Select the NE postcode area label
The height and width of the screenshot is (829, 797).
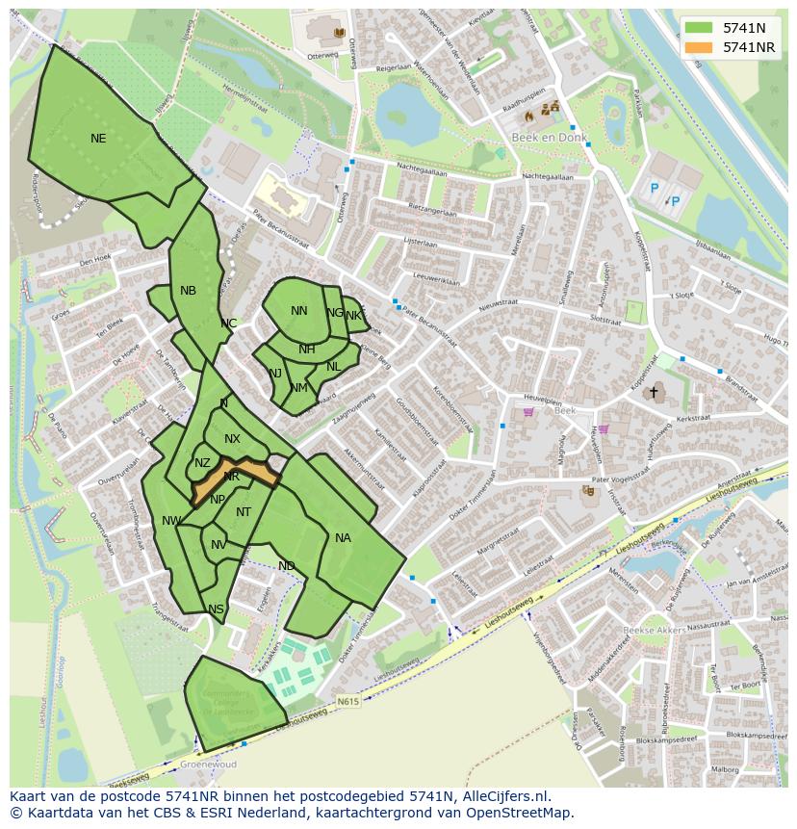click(98, 139)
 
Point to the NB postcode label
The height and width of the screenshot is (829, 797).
click(188, 291)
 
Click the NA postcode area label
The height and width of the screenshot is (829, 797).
click(343, 538)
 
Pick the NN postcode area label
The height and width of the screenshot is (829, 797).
click(299, 311)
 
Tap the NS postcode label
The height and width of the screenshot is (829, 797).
click(216, 609)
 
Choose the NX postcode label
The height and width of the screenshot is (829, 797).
click(232, 439)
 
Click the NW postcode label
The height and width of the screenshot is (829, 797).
click(171, 521)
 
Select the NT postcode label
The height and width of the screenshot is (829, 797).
click(244, 512)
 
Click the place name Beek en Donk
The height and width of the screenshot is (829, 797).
click(534, 138)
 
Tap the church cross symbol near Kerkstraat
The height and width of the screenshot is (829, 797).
click(654, 392)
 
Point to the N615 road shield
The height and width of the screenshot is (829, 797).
click(347, 702)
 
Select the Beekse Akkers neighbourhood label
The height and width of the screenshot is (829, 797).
click(655, 631)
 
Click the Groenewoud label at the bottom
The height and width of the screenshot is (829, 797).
click(209, 764)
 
